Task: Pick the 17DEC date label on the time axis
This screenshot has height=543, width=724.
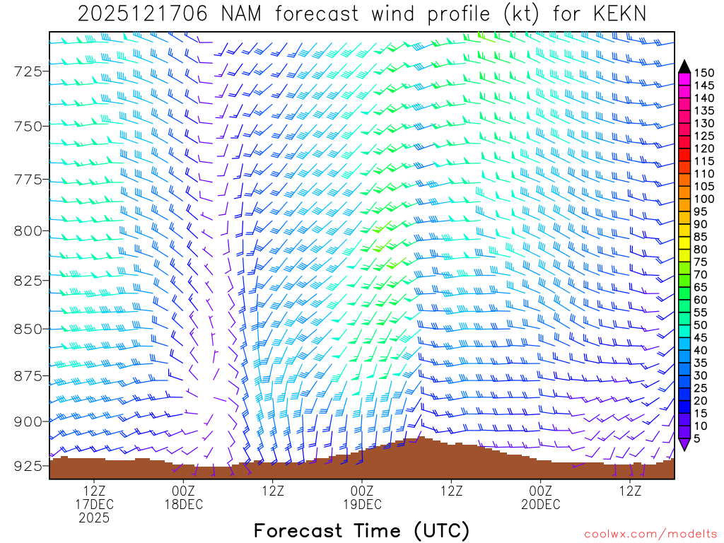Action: click(94, 504)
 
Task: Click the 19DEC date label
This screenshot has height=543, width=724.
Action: click(361, 504)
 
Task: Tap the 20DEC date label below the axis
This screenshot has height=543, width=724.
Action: click(540, 504)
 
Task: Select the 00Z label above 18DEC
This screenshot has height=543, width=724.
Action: click(183, 490)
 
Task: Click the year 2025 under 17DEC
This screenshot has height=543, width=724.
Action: click(94, 518)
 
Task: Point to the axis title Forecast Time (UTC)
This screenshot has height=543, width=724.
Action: click(361, 530)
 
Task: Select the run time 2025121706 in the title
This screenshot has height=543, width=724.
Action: click(142, 14)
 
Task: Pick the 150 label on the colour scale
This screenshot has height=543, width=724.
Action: click(704, 72)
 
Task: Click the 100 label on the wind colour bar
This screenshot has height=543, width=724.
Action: click(704, 199)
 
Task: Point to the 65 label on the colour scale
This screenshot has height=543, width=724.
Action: click(701, 288)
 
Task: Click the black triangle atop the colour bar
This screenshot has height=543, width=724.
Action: click(684, 66)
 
